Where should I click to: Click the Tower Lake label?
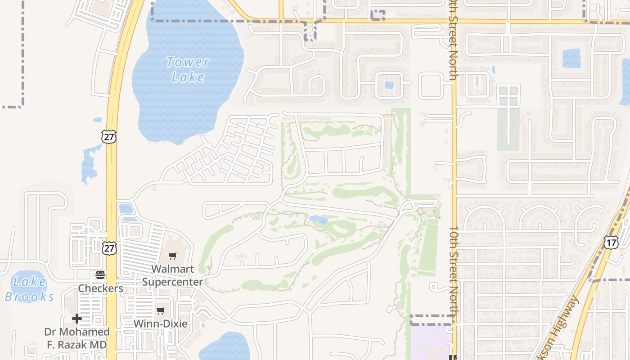[188, 69]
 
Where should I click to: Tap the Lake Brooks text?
[29, 289]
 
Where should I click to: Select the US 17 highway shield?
[611, 242]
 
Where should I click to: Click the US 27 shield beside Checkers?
[109, 248]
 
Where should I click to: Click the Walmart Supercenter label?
[172, 275]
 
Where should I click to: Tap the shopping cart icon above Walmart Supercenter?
[172, 256]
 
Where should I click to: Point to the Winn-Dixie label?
[161, 324]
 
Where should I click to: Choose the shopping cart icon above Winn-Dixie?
[161, 310]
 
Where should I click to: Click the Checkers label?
[100, 288]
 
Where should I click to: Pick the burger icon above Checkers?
[100, 275]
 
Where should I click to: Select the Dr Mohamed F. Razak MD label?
[77, 338]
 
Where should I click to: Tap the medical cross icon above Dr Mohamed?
[77, 319]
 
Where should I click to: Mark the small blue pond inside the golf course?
[319, 220]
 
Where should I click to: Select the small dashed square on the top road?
[378, 15]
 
